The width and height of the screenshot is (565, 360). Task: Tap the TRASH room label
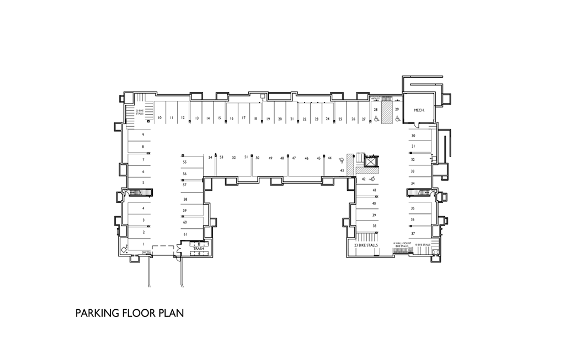(199, 249)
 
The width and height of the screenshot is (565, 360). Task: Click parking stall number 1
(143, 244)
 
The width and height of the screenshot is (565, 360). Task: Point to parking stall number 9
(143, 135)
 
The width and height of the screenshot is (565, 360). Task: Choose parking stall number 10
(159, 118)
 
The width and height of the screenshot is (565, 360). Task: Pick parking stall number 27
(364, 119)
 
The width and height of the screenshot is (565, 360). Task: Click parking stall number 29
(397, 110)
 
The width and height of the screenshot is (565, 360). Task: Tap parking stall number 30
(413, 136)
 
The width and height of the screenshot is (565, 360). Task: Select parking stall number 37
(413, 234)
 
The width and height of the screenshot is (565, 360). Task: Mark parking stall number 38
(375, 226)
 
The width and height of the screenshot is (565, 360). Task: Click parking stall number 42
(364, 179)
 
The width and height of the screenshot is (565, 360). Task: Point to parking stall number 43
(342, 171)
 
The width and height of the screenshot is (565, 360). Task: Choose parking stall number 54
(210, 158)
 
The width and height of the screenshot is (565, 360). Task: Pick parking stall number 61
(185, 234)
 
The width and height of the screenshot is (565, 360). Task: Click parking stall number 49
(270, 158)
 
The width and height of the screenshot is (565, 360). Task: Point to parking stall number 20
(280, 119)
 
